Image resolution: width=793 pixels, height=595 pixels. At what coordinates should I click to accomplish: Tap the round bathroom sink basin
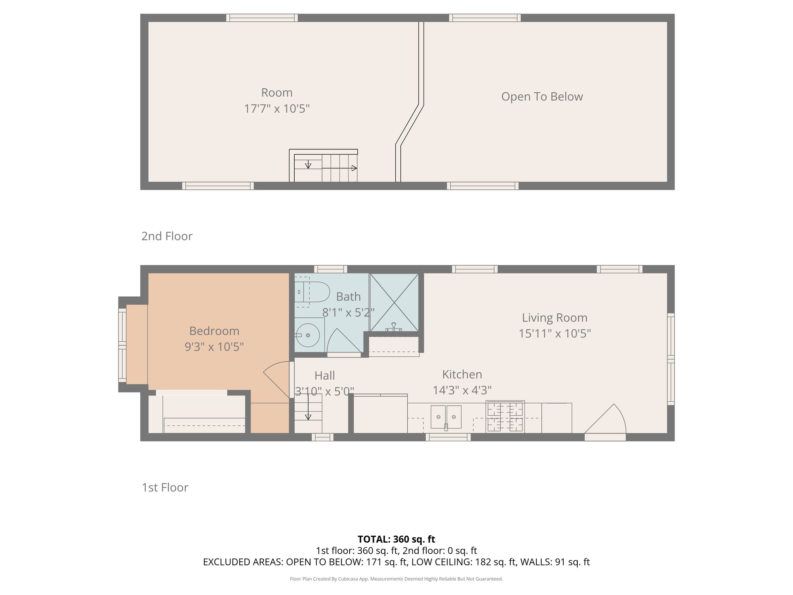click(308, 335)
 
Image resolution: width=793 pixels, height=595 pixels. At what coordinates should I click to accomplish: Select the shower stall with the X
click(394, 302)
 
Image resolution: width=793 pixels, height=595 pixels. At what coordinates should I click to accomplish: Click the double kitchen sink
click(446, 417)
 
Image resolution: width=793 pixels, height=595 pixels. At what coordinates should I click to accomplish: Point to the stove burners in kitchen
click(505, 417)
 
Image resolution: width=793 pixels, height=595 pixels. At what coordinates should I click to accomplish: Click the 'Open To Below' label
click(542, 96)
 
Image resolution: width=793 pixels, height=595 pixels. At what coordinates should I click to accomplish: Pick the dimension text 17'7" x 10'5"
click(276, 108)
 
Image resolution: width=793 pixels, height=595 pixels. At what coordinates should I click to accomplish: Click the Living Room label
click(554, 318)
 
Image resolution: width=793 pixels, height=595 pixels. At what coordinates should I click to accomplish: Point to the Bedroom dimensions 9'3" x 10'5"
click(214, 346)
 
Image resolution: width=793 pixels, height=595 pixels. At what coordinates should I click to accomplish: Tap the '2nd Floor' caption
click(166, 236)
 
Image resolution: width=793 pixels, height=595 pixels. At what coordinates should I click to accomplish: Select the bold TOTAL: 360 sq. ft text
click(396, 539)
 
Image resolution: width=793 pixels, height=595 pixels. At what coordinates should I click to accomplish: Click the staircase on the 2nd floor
click(325, 168)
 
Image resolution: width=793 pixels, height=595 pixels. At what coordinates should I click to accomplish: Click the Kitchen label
click(462, 374)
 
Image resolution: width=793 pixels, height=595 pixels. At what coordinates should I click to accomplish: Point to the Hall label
click(324, 375)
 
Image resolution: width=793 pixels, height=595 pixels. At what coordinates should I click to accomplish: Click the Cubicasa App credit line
click(396, 579)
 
